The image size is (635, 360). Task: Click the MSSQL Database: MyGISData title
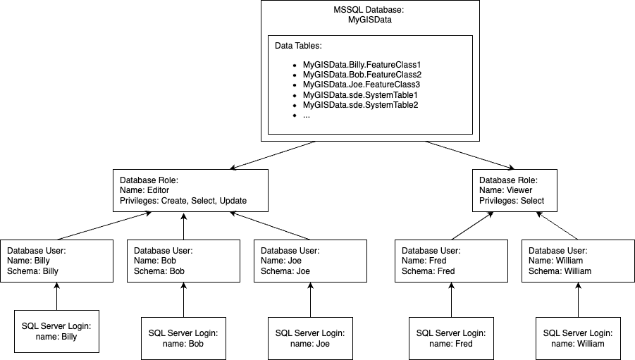370,15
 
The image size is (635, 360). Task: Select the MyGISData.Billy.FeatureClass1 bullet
362,64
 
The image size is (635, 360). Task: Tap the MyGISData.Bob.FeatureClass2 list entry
362,74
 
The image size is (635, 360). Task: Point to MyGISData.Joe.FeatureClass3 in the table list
361,85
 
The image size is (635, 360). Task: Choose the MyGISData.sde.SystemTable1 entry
360,94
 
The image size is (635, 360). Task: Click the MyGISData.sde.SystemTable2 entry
360,105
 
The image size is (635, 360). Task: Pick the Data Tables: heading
298,46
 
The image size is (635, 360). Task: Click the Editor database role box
190,190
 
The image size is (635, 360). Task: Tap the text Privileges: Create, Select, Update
183,201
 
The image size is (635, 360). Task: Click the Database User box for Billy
56,261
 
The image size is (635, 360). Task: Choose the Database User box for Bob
183,261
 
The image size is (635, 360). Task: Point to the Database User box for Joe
310,261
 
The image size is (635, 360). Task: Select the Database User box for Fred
451,261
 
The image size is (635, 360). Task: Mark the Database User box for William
578,261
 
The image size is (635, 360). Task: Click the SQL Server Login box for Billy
56,331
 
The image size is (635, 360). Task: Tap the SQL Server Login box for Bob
183,338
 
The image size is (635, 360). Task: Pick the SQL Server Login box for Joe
310,338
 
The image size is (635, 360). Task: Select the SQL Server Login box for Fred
451,338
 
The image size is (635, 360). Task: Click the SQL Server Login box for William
578,338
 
